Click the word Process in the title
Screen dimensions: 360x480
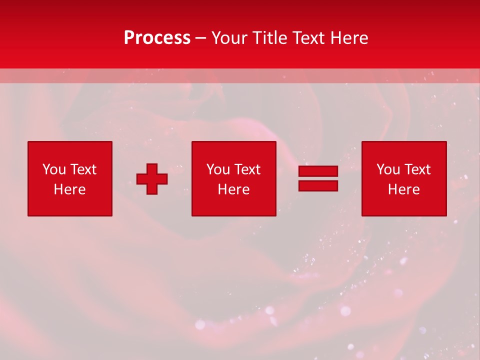point(157,38)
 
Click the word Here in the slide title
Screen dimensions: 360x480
point(349,38)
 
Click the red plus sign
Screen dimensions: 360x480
point(152,179)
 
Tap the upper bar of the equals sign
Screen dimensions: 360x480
point(318,171)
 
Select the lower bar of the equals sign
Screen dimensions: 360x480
point(318,185)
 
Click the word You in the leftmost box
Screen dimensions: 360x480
point(54,169)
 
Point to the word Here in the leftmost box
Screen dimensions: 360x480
point(69,189)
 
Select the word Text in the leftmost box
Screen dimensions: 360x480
point(83,169)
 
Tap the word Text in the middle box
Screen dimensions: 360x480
point(247,169)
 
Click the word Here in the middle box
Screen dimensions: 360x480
point(233,189)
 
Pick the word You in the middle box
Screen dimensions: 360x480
point(218,169)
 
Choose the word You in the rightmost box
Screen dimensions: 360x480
point(388,169)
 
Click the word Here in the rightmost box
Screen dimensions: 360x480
point(403,189)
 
